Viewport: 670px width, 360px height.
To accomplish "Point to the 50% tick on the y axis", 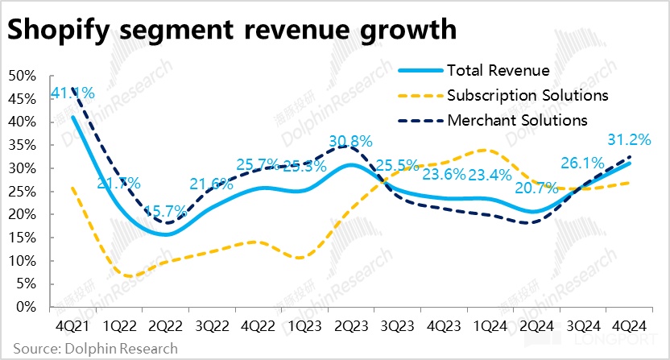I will (x=22, y=76).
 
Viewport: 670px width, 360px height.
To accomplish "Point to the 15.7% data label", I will (x=165, y=211).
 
